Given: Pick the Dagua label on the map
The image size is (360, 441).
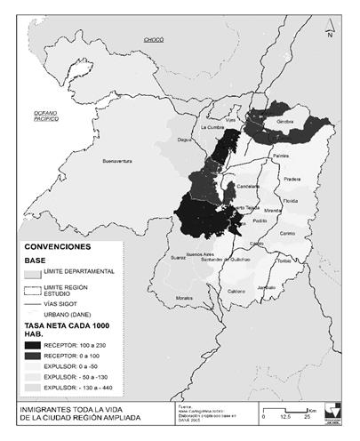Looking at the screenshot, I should pos(185,140).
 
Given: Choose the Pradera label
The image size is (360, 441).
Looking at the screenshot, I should pos(292,178).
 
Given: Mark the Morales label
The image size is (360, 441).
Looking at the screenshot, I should pos(184,297).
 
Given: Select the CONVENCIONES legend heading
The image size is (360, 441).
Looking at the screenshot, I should pos(56,246).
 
